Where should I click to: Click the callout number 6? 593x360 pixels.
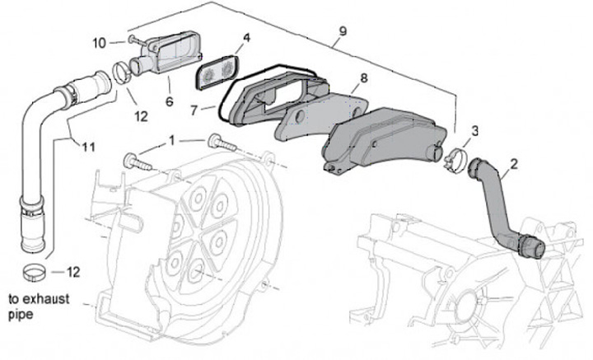[x=170, y=102]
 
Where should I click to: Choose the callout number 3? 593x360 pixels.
[x=474, y=131]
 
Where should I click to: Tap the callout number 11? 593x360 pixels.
[x=89, y=147]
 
